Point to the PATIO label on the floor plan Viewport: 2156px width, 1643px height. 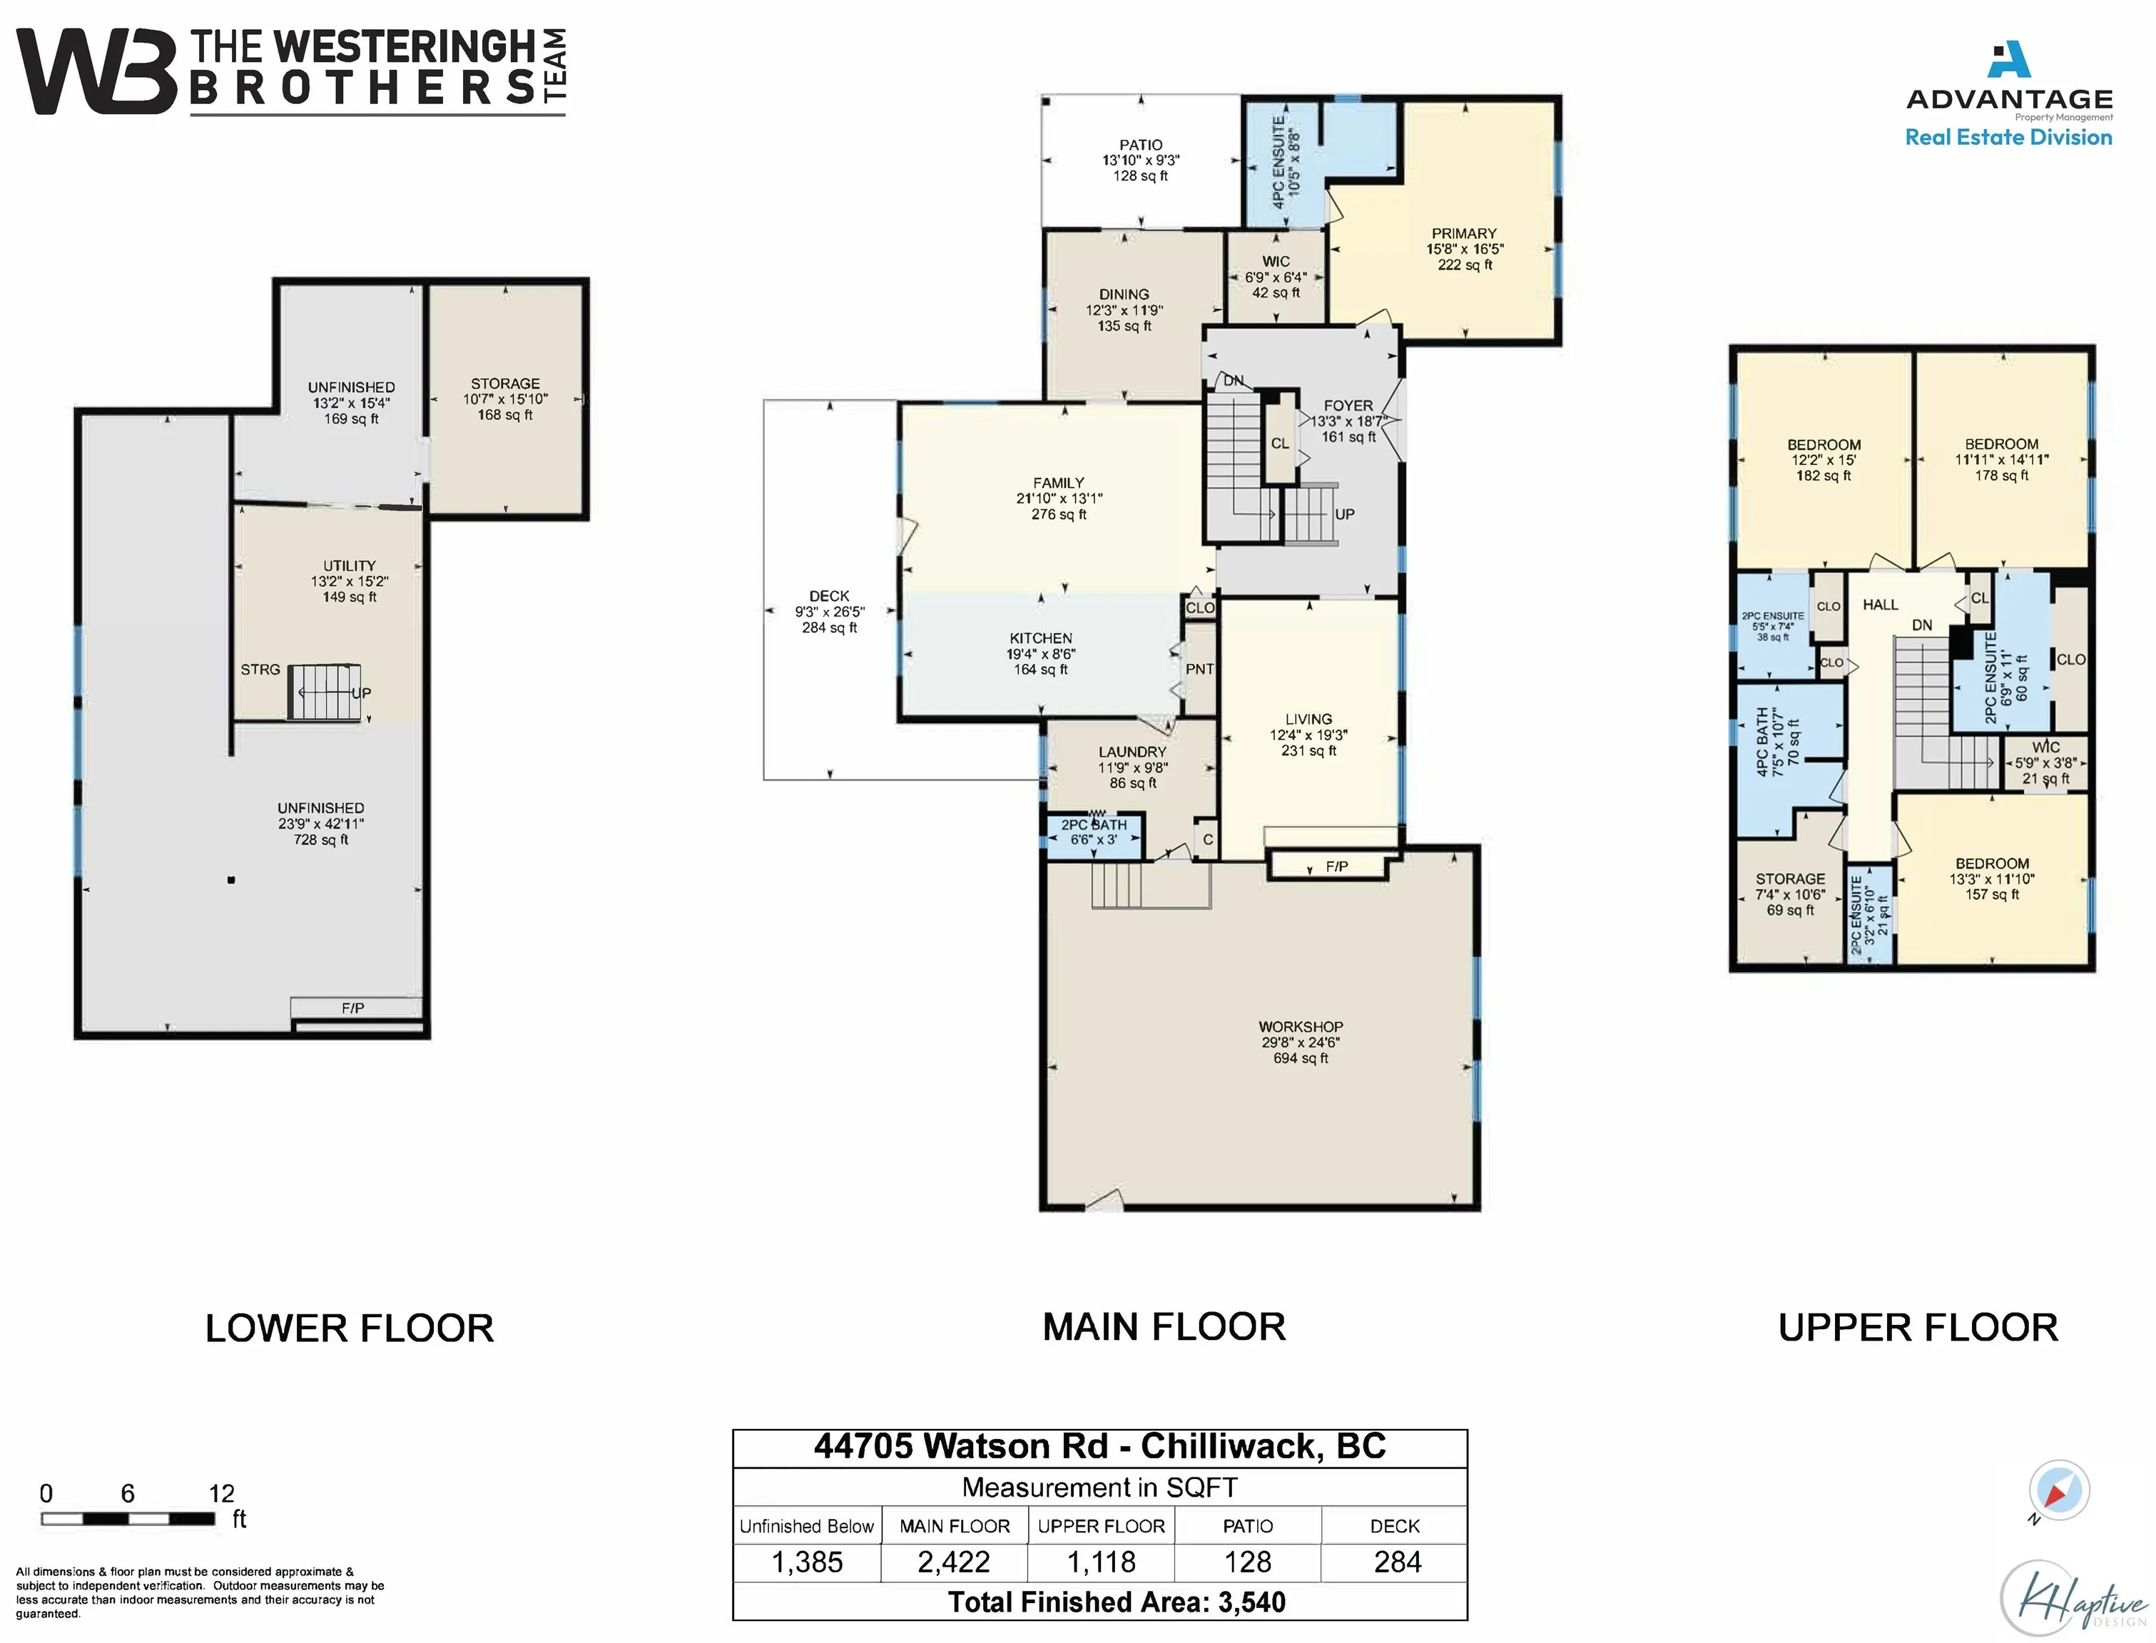tap(1141, 145)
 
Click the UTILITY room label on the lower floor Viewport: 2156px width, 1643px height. tap(349, 565)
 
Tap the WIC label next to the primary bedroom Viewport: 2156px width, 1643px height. tap(1276, 261)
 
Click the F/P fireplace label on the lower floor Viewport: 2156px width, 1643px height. tap(352, 1008)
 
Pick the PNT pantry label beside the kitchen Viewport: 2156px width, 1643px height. tap(1199, 669)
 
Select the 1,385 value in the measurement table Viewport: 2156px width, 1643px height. tap(807, 1562)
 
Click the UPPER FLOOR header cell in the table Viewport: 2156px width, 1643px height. tap(1101, 1525)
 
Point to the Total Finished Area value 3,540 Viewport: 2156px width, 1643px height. tap(1251, 1602)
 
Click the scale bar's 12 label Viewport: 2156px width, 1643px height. tap(221, 1493)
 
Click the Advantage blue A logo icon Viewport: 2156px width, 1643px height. tap(2008, 60)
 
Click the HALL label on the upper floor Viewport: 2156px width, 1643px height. tap(1880, 605)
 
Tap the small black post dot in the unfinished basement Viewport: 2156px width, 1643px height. tap(231, 880)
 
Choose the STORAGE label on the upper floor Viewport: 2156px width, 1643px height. tap(1790, 879)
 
